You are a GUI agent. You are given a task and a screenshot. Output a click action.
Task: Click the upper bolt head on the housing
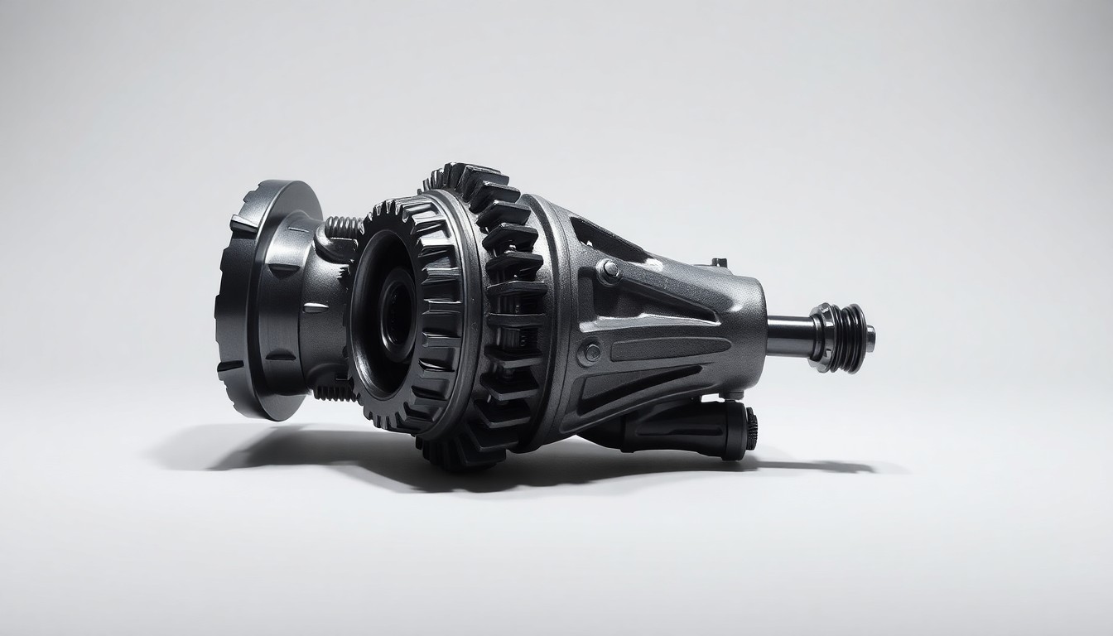click(609, 271)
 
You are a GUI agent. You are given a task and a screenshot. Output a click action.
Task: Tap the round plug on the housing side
click(591, 352)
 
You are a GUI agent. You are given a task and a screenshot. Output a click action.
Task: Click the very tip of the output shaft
click(870, 338)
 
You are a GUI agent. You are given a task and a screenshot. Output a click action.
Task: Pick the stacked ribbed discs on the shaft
click(849, 338)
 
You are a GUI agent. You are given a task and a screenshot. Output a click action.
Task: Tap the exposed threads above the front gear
click(341, 226)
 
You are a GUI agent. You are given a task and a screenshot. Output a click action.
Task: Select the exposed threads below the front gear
click(335, 393)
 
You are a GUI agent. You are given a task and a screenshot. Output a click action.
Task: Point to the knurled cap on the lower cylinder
click(750, 429)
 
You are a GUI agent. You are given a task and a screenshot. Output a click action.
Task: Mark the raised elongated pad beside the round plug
click(662, 349)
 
